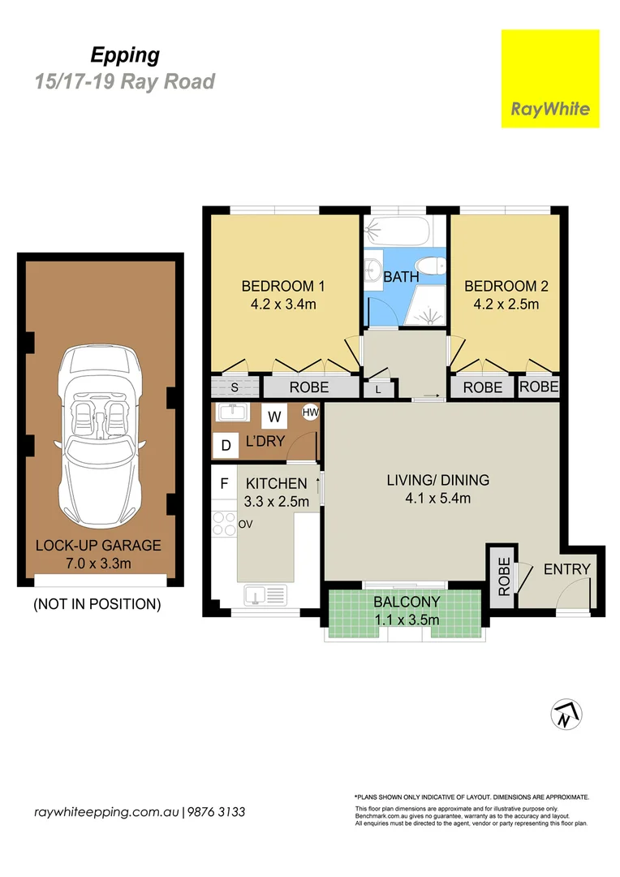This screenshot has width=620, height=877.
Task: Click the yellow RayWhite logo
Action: click(x=550, y=79)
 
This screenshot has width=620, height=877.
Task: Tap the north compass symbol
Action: click(x=566, y=715)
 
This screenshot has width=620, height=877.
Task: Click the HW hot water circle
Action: click(x=310, y=413)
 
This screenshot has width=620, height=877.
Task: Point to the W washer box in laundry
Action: click(x=274, y=417)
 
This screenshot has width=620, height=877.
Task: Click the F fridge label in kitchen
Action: click(x=224, y=484)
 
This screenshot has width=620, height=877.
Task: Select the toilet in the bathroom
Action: click(x=429, y=265)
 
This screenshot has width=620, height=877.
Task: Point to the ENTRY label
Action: click(x=566, y=569)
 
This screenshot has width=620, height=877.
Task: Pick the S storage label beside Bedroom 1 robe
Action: click(x=234, y=387)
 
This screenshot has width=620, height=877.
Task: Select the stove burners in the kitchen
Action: click(x=224, y=525)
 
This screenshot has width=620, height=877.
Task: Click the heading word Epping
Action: click(x=124, y=55)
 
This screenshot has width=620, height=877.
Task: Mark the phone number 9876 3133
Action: click(x=217, y=812)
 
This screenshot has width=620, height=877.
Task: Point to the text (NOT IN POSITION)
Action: click(x=97, y=604)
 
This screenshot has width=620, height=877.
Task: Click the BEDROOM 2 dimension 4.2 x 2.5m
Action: click(x=501, y=305)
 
